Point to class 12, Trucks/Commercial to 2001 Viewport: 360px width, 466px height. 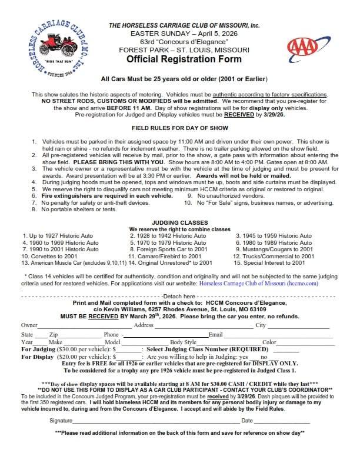(x=273, y=257)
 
